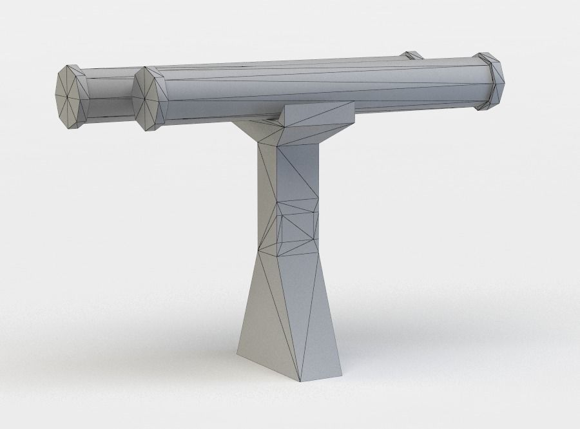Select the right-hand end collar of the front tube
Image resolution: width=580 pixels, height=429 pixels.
491,81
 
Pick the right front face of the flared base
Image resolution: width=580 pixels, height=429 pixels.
322,322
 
